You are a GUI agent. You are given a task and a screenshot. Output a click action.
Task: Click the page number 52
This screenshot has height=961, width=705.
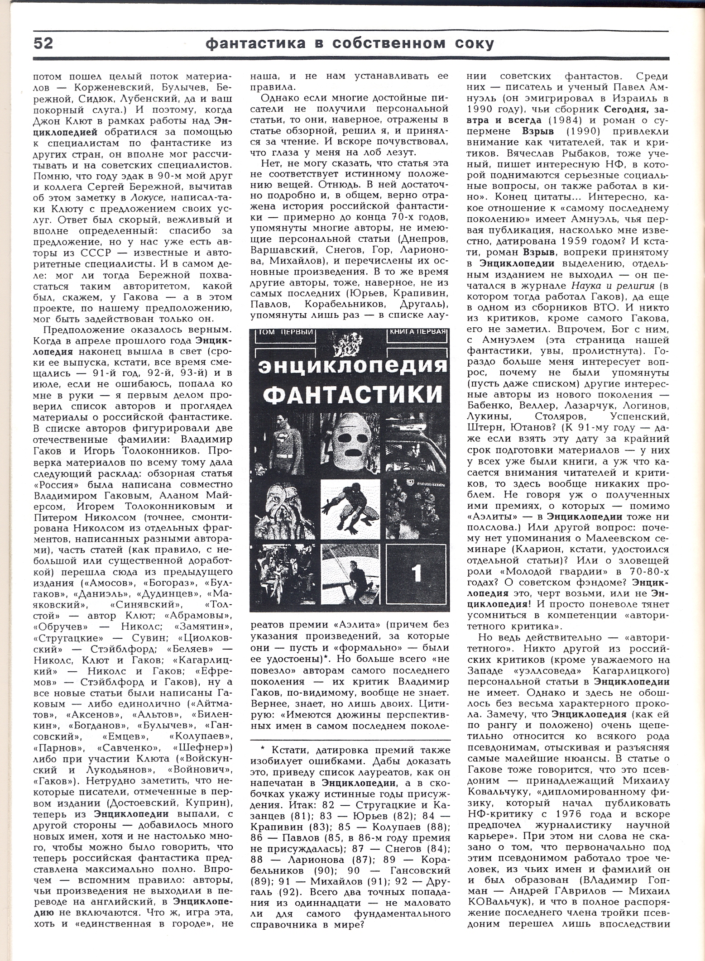pos(43,44)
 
